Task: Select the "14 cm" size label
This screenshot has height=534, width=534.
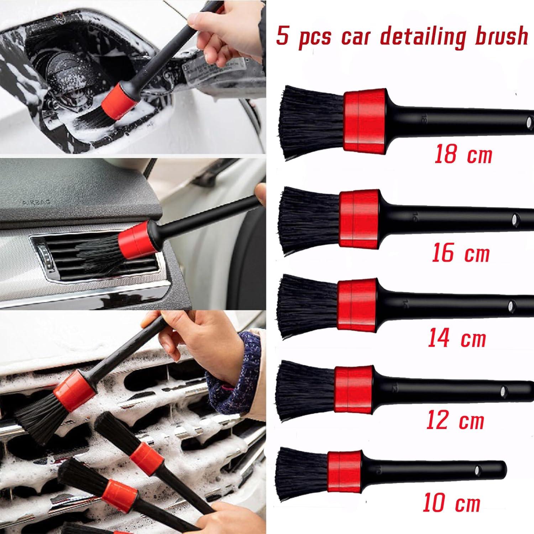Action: (x=457, y=338)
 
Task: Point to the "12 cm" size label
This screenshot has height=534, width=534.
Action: (x=455, y=420)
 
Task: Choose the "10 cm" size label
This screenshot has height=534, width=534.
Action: (x=452, y=503)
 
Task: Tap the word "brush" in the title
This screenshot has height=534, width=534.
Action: (x=498, y=36)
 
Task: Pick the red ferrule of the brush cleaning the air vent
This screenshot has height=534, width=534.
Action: (x=132, y=236)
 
